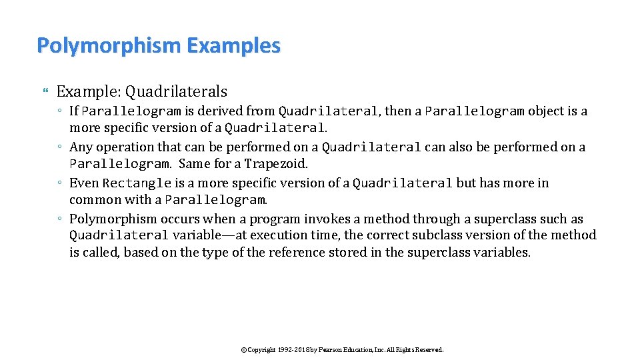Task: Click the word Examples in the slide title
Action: coord(234,46)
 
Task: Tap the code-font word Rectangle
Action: coord(137,183)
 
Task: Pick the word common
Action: coord(91,200)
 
